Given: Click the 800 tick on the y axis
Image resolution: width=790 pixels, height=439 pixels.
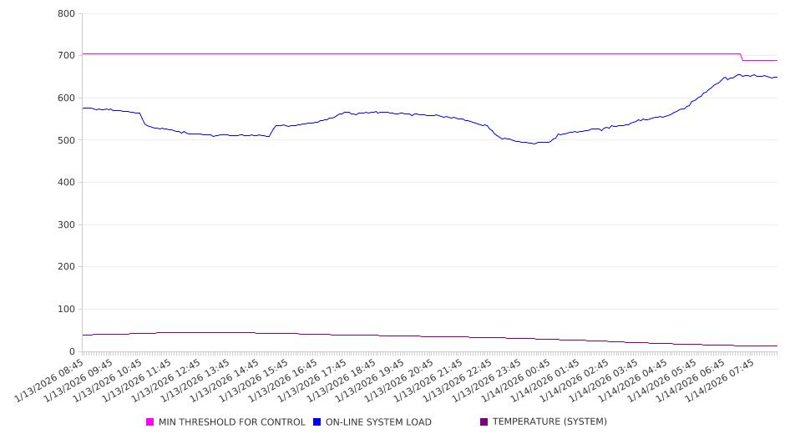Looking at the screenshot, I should (x=67, y=14).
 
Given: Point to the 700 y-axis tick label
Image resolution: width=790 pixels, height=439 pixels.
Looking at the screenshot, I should (x=67, y=56).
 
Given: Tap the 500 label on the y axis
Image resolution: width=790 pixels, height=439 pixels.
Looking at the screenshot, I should (x=67, y=140).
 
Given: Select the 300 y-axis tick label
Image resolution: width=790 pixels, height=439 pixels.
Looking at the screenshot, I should (x=67, y=225).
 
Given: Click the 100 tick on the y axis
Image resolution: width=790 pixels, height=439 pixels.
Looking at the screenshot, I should (x=67, y=310).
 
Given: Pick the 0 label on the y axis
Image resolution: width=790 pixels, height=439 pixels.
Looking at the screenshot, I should (x=73, y=351).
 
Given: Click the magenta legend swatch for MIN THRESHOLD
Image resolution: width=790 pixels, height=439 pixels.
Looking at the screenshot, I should (x=150, y=422).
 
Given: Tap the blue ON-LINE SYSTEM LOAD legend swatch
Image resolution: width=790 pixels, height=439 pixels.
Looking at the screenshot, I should (x=317, y=422).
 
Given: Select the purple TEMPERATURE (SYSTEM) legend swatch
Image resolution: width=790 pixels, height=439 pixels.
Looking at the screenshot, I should (x=484, y=422).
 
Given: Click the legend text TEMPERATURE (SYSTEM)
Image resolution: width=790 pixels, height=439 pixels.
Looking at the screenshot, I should (x=549, y=422).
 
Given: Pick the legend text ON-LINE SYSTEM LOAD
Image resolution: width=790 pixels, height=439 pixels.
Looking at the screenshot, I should (x=378, y=422).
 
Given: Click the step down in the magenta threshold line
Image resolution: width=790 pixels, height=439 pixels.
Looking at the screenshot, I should (x=742, y=57).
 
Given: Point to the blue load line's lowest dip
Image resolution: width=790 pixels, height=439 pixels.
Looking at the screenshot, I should (x=534, y=144).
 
